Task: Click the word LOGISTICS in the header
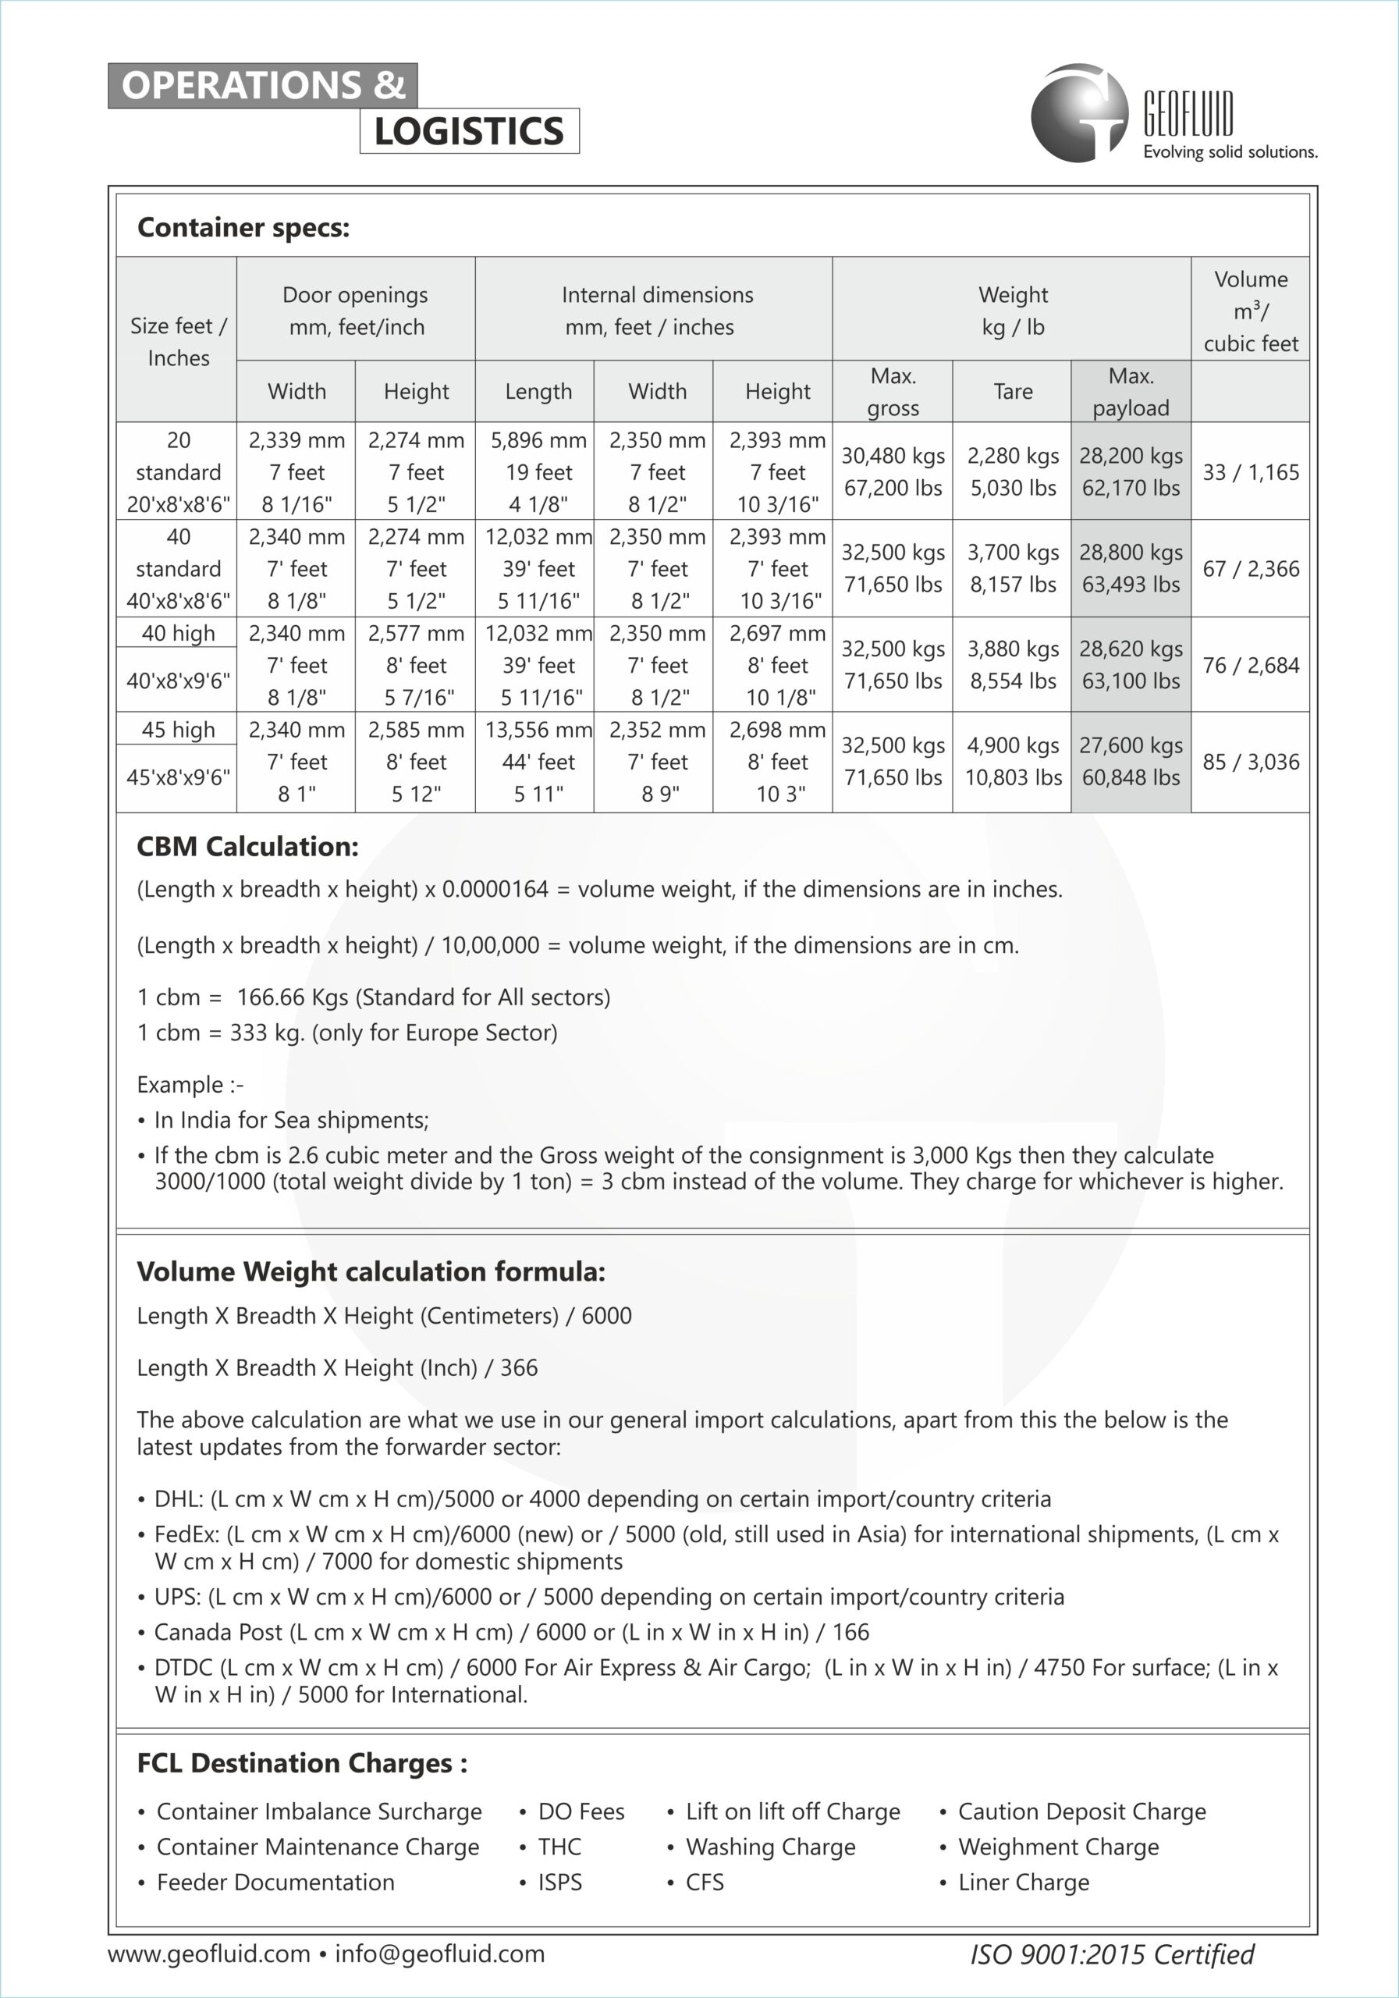coord(469,131)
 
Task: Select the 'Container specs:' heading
coord(243,228)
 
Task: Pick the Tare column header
coord(1013,392)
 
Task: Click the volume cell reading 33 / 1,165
coord(1250,472)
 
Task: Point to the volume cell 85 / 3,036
coord(1250,763)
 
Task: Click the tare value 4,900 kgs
coord(1013,746)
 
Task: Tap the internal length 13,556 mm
coord(538,729)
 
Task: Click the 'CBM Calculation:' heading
coord(248,847)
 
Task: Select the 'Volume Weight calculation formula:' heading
coord(371,1271)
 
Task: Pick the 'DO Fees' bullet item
coord(581,1811)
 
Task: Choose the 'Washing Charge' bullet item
coord(770,1847)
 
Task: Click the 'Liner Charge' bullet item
coord(1023,1882)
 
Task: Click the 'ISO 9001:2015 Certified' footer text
coord(1112,1954)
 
